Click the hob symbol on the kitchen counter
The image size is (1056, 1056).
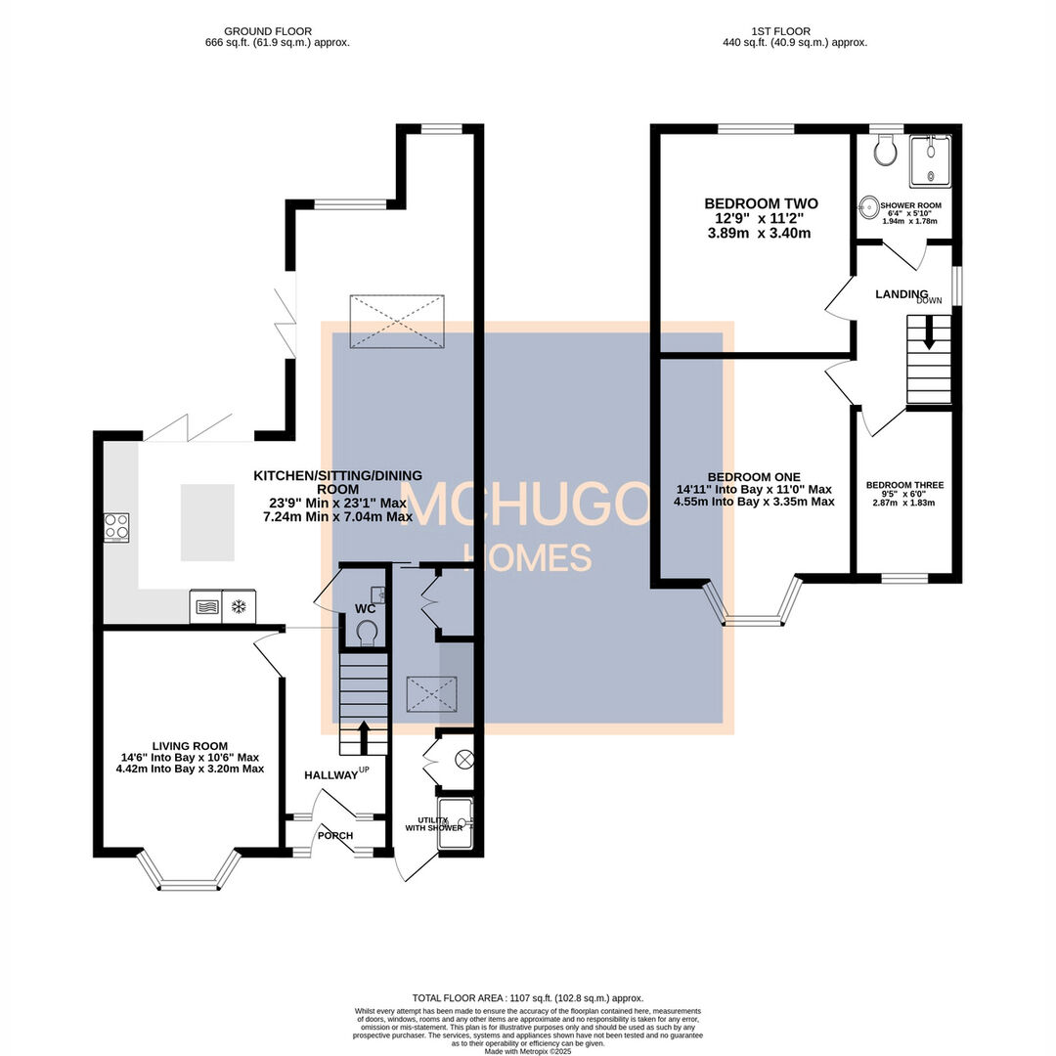click(116, 527)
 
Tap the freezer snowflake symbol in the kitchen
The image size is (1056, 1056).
click(238, 606)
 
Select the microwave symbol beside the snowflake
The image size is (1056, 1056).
click(205, 606)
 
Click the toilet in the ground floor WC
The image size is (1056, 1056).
click(367, 636)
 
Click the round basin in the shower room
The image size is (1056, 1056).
click(868, 207)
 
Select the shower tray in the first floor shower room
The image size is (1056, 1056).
click(929, 160)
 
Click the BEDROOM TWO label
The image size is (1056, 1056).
click(761, 203)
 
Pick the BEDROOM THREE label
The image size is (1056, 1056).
click(904, 485)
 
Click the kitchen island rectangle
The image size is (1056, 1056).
click(207, 522)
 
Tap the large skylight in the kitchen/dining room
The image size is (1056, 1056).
click(397, 321)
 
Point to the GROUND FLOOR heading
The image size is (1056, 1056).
click(277, 31)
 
